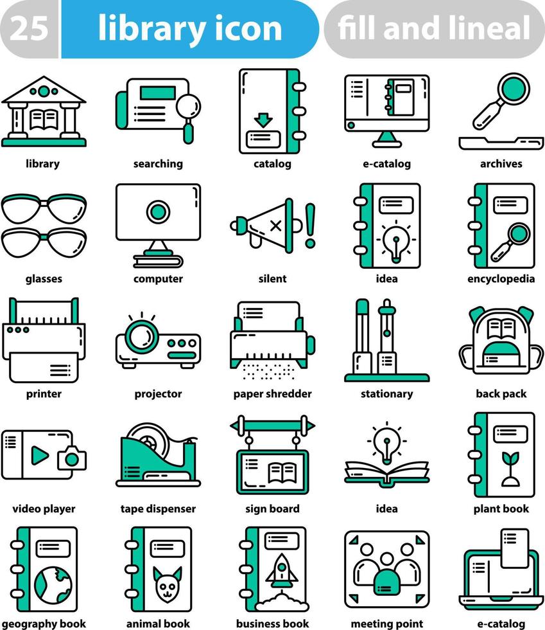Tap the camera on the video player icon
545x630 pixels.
71,458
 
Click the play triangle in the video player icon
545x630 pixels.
40,455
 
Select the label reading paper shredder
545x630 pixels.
272,393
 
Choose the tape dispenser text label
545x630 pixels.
158,509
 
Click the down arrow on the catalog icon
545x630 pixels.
263,120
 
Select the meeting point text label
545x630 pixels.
386,624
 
